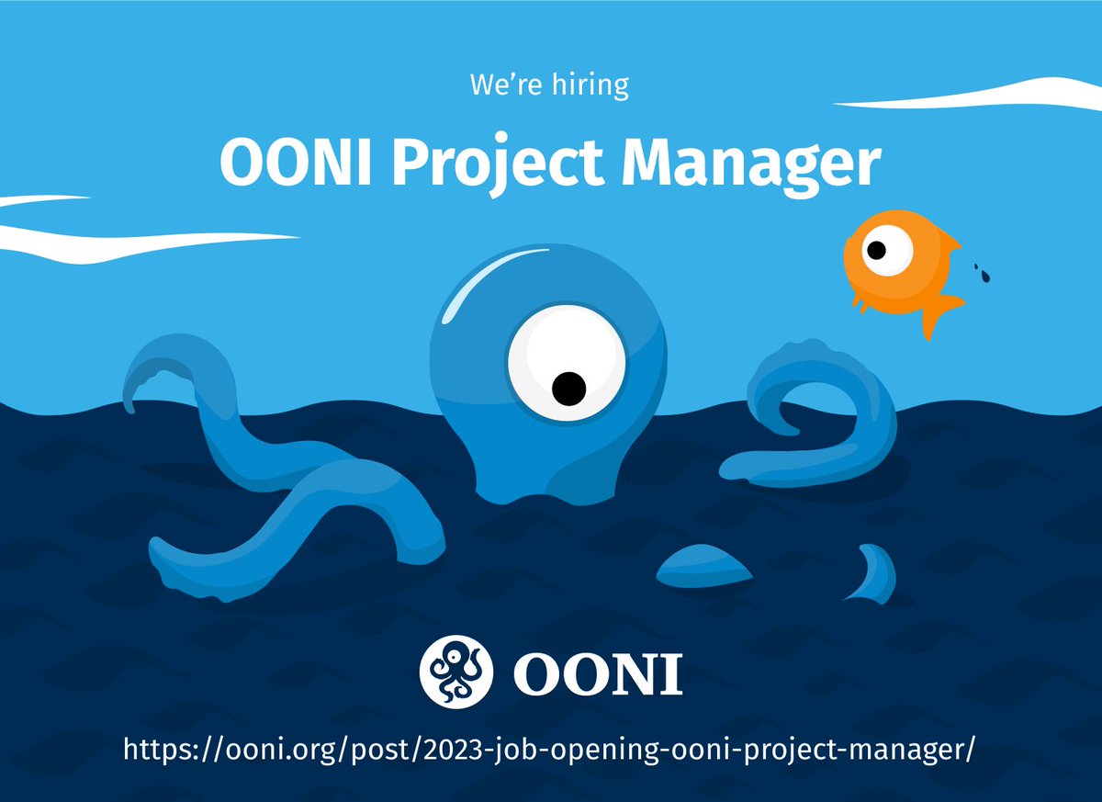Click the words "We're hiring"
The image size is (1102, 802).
pos(549,85)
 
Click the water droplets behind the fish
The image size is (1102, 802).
pos(982,272)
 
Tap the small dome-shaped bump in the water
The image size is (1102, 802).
pos(703,565)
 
